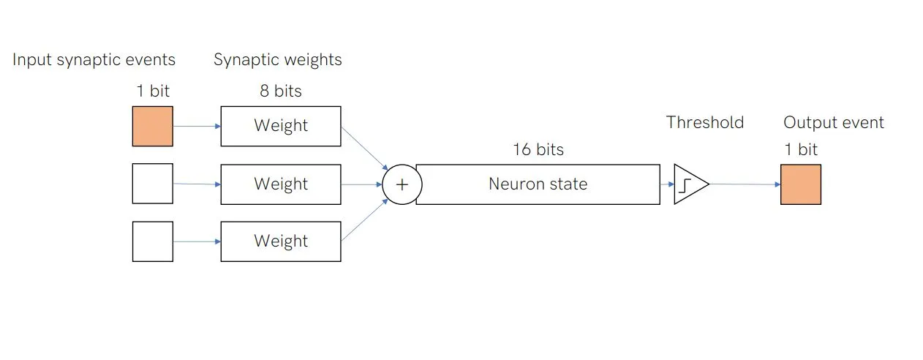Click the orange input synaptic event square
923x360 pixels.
[x=152, y=126]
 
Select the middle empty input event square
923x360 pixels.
[x=152, y=184]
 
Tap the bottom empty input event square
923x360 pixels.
[x=152, y=241]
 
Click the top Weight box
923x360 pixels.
[x=281, y=126]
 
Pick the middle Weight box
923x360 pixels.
[x=281, y=184]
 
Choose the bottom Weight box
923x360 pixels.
[x=281, y=241]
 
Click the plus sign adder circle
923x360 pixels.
[x=402, y=184]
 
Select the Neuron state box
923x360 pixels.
[x=538, y=184]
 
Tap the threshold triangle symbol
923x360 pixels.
[x=691, y=184]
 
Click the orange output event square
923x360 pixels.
[x=801, y=184]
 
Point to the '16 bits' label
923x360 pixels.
[x=538, y=149]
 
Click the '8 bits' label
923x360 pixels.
[x=281, y=91]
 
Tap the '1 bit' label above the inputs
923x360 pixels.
[x=153, y=91]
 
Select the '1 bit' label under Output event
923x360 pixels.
[x=801, y=149]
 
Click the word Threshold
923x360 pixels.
[x=705, y=122]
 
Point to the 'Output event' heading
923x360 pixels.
[x=834, y=122]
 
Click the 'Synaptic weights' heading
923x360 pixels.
[x=278, y=60]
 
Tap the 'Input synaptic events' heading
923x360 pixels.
[x=94, y=60]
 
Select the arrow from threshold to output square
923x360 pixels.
[x=745, y=184]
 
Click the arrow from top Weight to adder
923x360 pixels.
[x=365, y=149]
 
